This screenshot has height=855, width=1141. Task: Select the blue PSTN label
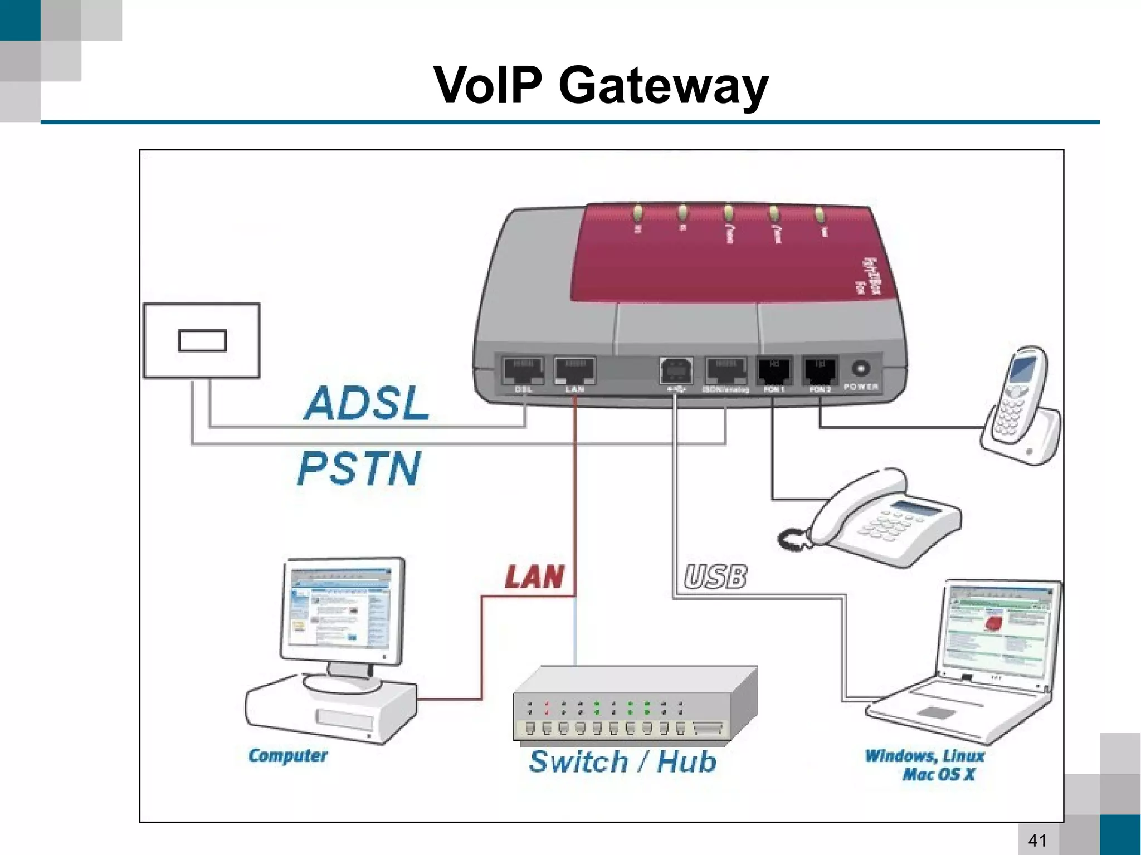pos(359,468)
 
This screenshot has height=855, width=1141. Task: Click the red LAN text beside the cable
pos(534,576)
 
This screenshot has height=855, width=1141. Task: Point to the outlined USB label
pos(715,576)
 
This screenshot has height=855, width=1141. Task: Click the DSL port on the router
pos(523,370)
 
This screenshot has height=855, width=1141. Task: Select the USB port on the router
pos(676,369)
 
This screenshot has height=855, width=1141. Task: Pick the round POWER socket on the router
pos(861,368)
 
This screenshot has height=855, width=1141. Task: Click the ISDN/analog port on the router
pos(725,370)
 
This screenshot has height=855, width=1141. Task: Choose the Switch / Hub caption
pos(622,761)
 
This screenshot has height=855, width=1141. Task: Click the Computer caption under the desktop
pos(287,756)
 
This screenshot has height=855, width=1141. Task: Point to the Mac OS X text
pos(938,774)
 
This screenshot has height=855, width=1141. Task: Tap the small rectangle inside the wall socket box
pos(202,341)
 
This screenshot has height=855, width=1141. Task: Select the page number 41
pos(1037,840)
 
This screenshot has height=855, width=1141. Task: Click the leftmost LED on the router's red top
pos(638,212)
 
